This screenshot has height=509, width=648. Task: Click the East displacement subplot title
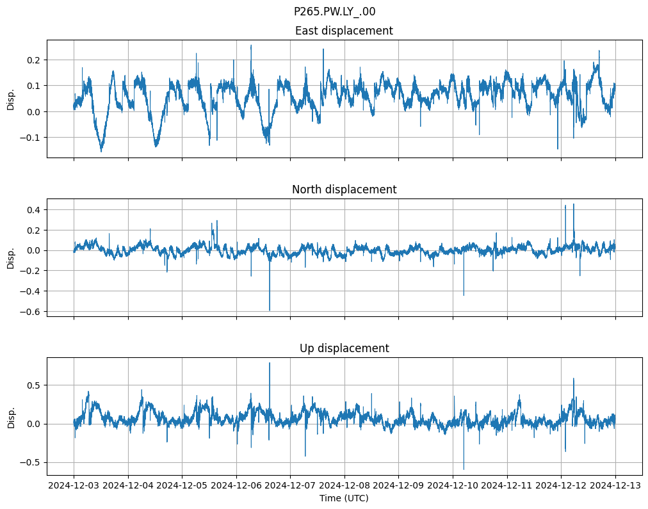pos(344,31)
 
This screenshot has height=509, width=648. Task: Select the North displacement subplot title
pos(344,190)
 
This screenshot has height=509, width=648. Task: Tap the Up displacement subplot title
pos(344,348)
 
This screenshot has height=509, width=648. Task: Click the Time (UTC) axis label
pos(344,498)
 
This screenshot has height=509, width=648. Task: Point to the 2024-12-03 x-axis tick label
pos(74,486)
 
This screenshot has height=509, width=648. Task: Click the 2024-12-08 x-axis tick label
pos(344,486)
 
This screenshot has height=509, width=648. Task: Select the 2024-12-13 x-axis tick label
pos(616,486)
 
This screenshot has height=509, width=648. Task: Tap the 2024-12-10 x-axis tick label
pos(453,486)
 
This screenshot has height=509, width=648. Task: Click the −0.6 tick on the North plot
pos(29,312)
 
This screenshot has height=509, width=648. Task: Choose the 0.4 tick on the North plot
pos(32,210)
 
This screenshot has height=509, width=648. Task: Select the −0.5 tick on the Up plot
pos(29,462)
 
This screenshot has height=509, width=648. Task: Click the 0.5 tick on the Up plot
pos(32,385)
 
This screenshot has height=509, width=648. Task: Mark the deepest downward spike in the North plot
pos(270,310)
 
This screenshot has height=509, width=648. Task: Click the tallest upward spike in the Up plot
pos(270,363)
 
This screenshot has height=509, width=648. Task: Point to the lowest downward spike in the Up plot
pos(464,469)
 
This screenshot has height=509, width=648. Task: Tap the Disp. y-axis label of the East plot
pos(11,99)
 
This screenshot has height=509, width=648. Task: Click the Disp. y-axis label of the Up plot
pos(11,417)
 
